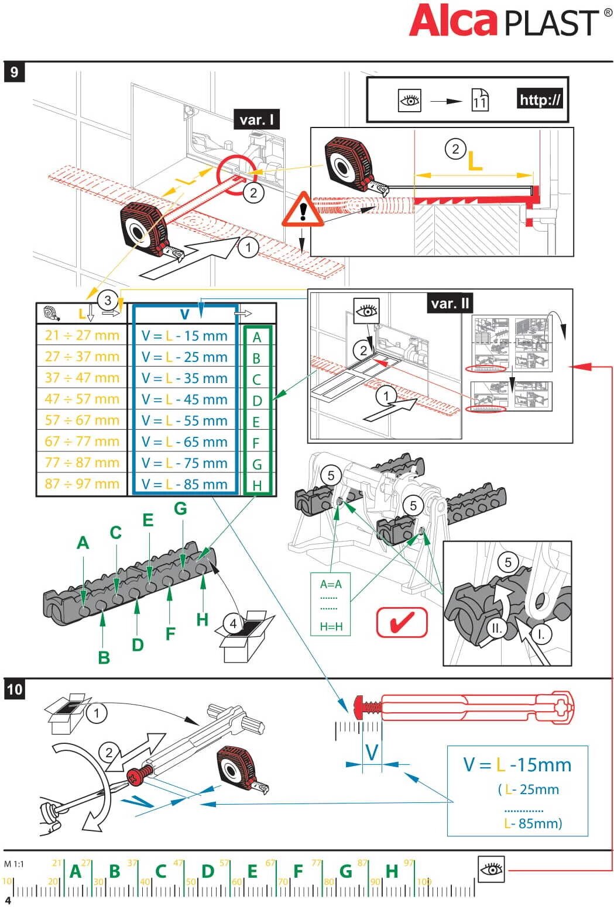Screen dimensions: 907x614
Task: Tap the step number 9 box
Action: point(14,72)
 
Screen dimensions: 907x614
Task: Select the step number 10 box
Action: point(14,689)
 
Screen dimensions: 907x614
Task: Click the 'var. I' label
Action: point(256,120)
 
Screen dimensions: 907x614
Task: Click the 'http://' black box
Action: point(540,99)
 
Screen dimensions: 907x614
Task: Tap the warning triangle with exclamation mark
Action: point(303,210)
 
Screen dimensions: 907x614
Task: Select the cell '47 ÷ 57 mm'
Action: point(82,399)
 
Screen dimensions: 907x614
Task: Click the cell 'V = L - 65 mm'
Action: point(184,442)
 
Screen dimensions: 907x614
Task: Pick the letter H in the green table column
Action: point(256,485)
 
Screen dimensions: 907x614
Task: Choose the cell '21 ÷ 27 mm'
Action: point(82,335)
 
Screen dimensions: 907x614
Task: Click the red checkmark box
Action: point(402,622)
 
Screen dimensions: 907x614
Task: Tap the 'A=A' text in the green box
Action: point(331,584)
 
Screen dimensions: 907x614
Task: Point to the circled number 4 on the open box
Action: point(234,623)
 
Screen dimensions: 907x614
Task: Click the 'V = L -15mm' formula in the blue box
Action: point(517,764)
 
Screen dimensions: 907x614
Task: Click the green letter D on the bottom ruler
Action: point(208,871)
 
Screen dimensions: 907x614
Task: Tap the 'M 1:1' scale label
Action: point(14,864)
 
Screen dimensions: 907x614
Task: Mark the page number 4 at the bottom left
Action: point(8,900)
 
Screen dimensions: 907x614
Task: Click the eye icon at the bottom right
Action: point(491,870)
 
